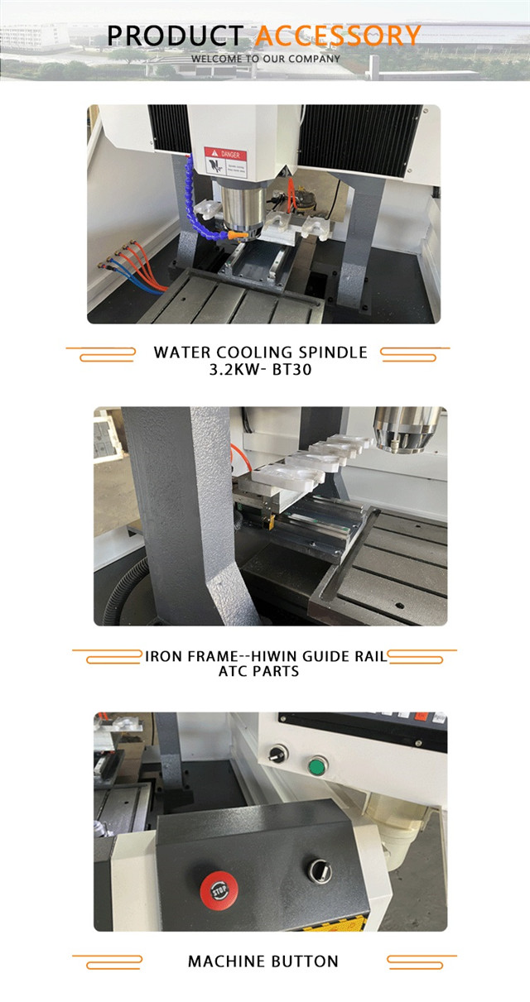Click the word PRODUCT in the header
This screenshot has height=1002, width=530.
point(175,36)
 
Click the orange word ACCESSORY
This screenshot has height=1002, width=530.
point(338,36)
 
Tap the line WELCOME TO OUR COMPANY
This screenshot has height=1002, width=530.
point(265,59)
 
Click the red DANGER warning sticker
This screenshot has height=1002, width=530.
point(225,161)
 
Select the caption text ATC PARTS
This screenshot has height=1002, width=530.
point(258,672)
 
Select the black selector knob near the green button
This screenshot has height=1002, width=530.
point(277,754)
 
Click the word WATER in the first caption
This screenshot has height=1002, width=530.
point(179,352)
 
